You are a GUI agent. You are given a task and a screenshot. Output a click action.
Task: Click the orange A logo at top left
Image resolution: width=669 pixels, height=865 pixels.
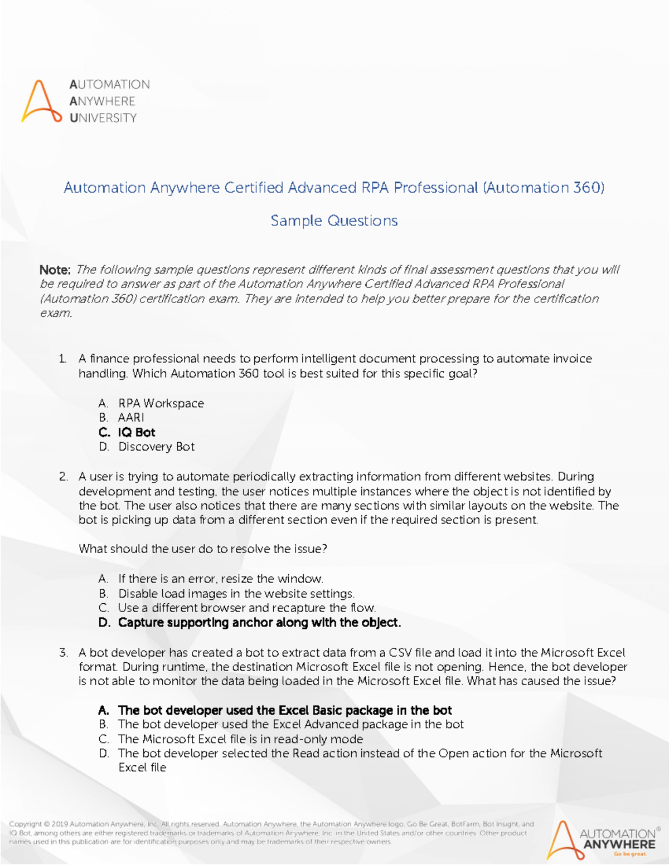coord(41,102)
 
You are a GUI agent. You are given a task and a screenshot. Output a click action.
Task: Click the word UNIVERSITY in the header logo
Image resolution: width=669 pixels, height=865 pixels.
coord(103,118)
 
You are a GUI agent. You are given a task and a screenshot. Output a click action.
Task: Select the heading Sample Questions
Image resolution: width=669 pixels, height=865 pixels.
coord(334,221)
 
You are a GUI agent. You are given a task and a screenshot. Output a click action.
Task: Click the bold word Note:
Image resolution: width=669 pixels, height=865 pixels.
coord(55,270)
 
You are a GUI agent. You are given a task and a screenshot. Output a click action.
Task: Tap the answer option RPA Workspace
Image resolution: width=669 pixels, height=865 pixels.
coord(161,403)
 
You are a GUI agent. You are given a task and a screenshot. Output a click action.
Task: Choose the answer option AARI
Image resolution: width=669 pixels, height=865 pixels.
coord(131,418)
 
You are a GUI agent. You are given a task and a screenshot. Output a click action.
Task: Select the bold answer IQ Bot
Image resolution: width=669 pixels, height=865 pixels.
coord(137,432)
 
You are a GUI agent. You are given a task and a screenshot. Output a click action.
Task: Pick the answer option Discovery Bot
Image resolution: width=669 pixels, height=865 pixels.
coord(156,447)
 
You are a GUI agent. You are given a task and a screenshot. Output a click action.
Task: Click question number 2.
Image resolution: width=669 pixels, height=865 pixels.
coord(63,477)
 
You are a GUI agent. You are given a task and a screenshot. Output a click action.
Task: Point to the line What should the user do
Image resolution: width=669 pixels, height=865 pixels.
coord(202,549)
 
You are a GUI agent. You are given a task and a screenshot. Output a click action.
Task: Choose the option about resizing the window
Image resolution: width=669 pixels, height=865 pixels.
coord(220,579)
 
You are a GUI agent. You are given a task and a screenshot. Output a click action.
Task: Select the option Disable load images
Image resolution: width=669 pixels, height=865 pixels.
coord(236,594)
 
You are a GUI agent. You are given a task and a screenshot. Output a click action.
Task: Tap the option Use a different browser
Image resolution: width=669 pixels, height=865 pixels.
coord(246,608)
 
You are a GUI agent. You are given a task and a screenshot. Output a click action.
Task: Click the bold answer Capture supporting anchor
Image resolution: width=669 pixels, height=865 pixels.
coord(259,623)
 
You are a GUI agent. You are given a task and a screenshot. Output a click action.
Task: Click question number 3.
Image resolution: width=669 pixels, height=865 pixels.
coord(63,653)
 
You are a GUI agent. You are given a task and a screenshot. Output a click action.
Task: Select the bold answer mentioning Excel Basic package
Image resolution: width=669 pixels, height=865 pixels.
coord(284,711)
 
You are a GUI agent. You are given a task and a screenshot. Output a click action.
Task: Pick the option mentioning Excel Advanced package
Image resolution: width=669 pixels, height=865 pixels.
coord(290,725)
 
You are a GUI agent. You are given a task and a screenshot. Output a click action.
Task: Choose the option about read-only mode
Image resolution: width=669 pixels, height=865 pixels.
coord(240,739)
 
